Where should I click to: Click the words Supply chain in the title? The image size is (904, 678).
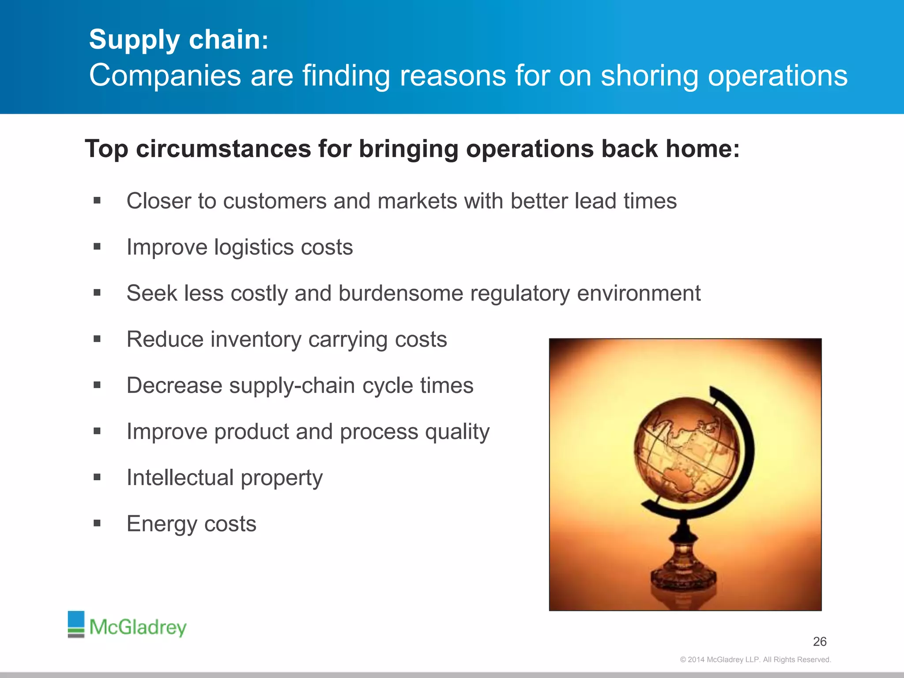[x=175, y=40]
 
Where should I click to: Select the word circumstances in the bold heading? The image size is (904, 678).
[x=223, y=149]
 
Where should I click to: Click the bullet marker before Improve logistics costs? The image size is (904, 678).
[x=97, y=247]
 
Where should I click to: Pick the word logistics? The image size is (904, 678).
[x=254, y=247]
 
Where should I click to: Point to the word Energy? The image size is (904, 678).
[x=162, y=524]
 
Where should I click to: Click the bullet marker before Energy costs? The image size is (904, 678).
[x=97, y=524]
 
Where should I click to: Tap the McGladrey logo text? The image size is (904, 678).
[x=138, y=627]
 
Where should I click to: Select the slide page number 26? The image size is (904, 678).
[x=820, y=641]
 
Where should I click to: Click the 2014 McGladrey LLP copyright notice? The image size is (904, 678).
[x=755, y=659]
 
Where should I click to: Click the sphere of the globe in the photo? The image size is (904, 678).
[x=686, y=450]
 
